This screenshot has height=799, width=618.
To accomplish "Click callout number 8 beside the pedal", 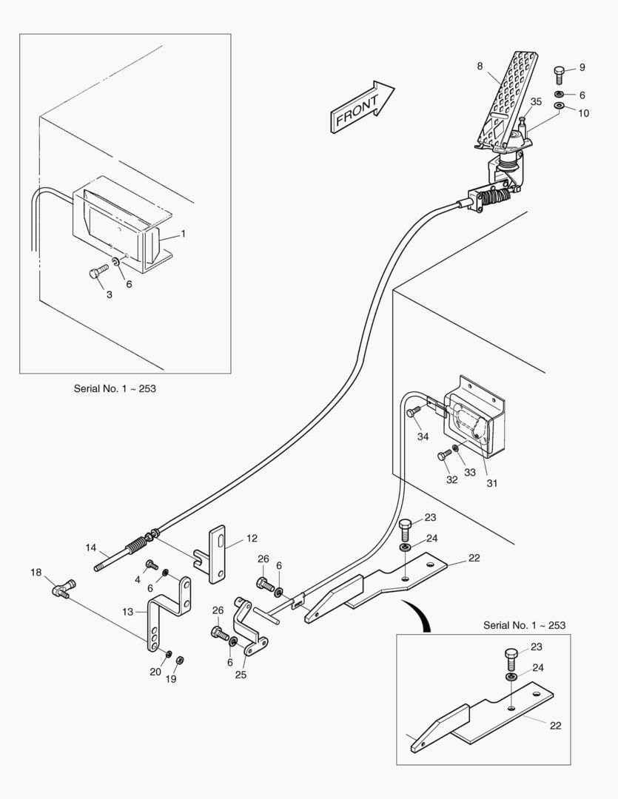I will (x=480, y=67).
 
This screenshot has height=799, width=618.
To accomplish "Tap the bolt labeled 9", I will (x=560, y=75).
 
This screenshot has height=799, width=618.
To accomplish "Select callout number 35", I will (x=536, y=101).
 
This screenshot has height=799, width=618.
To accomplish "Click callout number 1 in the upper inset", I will (x=184, y=234).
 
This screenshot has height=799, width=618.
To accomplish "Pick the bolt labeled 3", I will (x=96, y=273).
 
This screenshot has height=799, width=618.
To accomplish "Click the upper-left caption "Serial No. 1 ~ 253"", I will (x=115, y=388).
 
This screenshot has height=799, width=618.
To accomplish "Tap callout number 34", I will (x=423, y=436).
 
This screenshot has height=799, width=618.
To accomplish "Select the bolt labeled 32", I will (x=444, y=456).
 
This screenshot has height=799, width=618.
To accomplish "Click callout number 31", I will (x=491, y=483).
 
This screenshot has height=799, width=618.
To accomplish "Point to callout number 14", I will (x=91, y=548).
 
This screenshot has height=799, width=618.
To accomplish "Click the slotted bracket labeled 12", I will (x=217, y=553).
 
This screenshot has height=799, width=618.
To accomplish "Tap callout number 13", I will (x=128, y=611).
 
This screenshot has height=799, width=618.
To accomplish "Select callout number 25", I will (x=241, y=675).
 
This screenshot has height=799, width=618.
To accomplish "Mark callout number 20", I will (x=155, y=672).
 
